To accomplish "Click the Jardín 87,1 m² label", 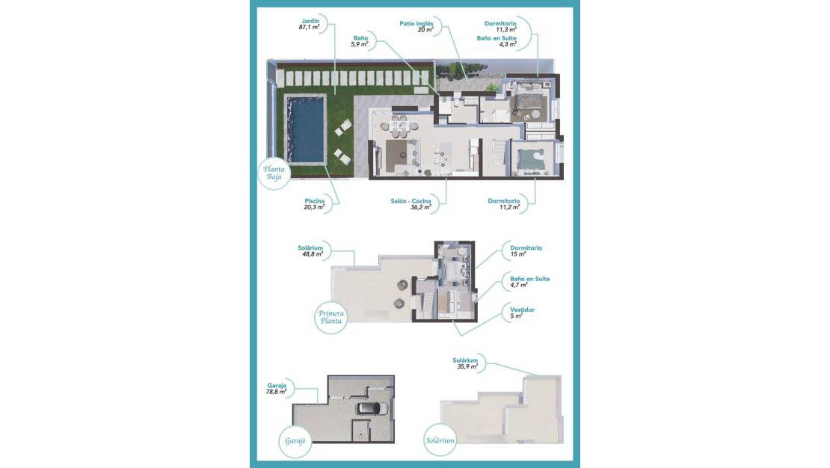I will pyautogui.click(x=310, y=23).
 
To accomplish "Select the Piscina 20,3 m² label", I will pyautogui.click(x=314, y=204).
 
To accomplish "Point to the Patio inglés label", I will pyautogui.click(x=416, y=26).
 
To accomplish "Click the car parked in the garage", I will pyautogui.click(x=372, y=408).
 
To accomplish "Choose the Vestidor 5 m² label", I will pyautogui.click(x=522, y=312).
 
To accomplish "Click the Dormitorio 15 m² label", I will pyautogui.click(x=526, y=250).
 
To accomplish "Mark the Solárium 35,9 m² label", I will pyautogui.click(x=465, y=363).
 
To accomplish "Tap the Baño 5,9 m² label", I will pyautogui.click(x=360, y=40).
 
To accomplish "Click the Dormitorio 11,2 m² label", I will pyautogui.click(x=503, y=204).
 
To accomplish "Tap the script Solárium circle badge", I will pyautogui.click(x=440, y=440).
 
